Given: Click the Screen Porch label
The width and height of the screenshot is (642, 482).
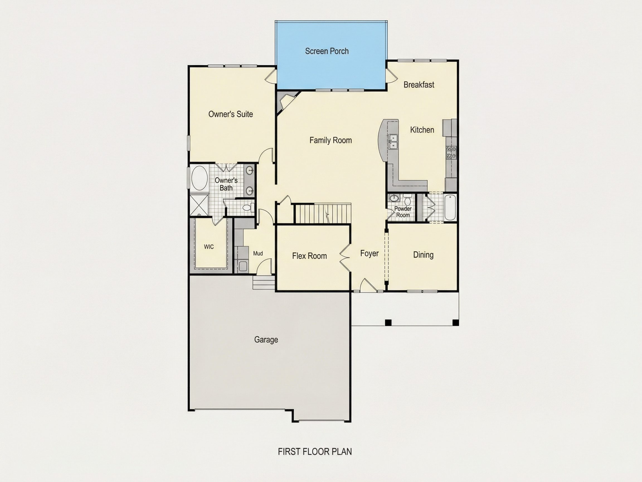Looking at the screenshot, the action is [327, 51].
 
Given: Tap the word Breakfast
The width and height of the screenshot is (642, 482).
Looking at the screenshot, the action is [419, 85].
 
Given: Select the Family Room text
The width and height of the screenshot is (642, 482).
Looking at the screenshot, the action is [330, 140].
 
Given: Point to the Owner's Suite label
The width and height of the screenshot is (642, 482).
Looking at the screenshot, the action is [230, 114].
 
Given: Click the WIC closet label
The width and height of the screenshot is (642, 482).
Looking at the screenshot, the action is [209, 247].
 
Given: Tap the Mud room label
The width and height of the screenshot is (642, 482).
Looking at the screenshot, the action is [258, 253].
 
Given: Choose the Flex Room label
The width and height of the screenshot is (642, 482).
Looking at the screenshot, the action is [309, 256].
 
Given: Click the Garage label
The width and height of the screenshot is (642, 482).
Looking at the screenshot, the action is [266, 340].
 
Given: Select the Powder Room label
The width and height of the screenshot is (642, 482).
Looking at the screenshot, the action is [403, 212].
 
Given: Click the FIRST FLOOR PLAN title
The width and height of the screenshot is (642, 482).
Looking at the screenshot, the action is [315, 452].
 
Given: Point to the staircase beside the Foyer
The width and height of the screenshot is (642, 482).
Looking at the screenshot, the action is [323, 214].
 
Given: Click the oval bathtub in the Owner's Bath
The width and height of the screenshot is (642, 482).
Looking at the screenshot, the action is [200, 178].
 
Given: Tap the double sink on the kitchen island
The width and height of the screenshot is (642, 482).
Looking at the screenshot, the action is [393, 142].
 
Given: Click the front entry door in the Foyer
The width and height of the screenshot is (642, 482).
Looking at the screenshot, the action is [368, 285].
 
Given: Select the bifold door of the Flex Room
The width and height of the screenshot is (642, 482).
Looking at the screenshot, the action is [345, 257].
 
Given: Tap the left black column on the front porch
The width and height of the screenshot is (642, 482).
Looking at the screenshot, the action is [388, 322].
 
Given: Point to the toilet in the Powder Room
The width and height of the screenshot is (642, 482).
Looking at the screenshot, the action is [407, 200].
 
